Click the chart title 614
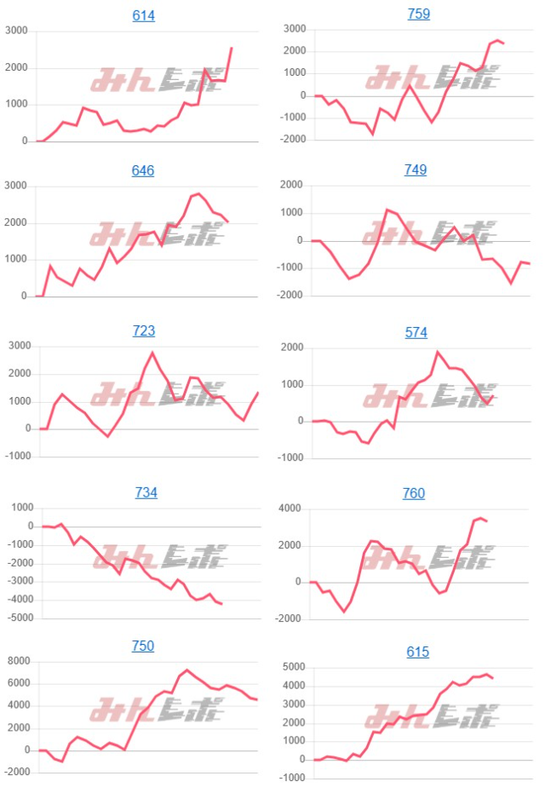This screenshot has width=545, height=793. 143,15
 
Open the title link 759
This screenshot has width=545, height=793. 418,14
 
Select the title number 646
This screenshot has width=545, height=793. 143,170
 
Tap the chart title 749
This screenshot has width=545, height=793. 416,170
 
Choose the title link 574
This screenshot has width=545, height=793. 416,332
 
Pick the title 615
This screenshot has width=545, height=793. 418,652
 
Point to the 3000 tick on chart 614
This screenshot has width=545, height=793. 16,32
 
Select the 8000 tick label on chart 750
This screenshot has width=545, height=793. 18,661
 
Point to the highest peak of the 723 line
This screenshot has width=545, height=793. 152,352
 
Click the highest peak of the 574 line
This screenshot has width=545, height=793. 438,352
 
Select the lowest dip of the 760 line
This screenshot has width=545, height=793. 345,612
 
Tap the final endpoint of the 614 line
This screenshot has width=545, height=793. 232,48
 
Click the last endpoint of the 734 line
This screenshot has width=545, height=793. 221,604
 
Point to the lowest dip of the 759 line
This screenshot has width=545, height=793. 372,134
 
